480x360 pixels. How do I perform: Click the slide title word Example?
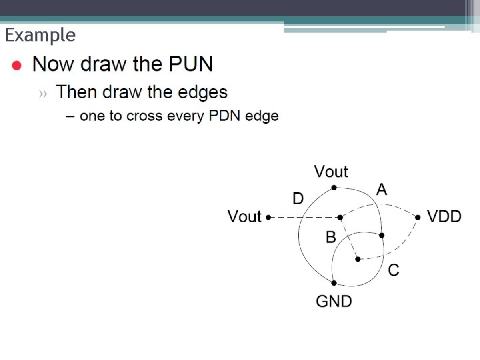tap(40, 35)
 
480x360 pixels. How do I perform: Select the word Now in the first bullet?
tap(53, 65)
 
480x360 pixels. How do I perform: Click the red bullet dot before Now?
tap(18, 65)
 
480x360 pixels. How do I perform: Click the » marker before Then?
tap(43, 93)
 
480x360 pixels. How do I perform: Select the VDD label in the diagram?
tap(444, 216)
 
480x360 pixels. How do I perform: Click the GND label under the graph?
tap(334, 301)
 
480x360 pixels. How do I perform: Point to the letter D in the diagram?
tap(299, 198)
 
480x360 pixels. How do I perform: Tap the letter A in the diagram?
tap(381, 189)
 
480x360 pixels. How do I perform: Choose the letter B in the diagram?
tap(331, 237)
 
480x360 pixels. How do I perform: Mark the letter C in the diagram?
tap(393, 270)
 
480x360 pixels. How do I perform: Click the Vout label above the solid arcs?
tap(331, 172)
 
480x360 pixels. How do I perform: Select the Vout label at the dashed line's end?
tap(245, 216)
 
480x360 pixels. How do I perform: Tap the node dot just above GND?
tap(333, 283)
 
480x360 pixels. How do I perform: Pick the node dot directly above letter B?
tap(340, 217)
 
